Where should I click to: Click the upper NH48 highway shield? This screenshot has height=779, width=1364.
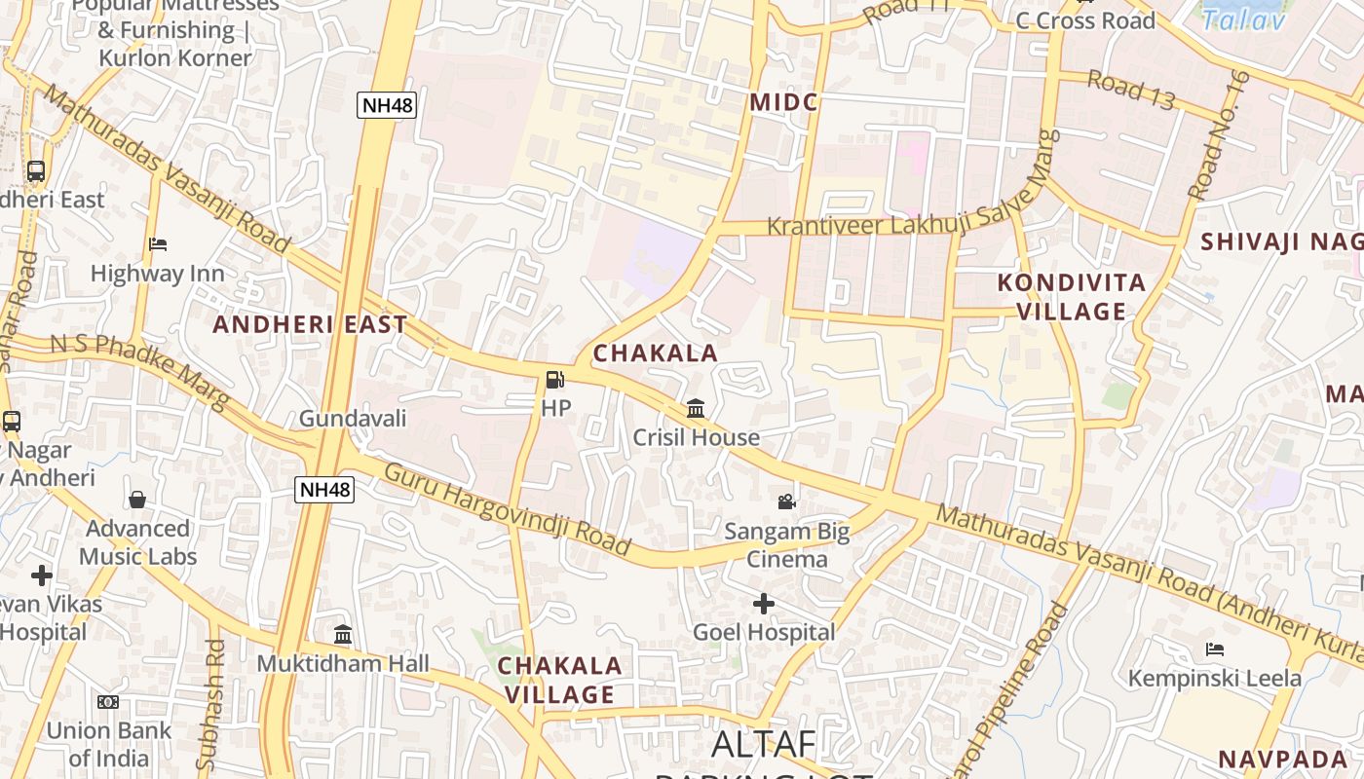[x=387, y=105]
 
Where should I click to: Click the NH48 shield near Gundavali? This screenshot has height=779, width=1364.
[x=324, y=490]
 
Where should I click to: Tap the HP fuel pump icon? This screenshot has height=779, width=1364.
[x=554, y=380]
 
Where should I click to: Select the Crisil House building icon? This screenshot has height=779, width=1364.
[x=696, y=408]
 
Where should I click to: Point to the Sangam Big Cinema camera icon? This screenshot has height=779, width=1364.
[x=786, y=501]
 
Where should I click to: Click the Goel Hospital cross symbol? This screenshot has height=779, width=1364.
[x=764, y=604]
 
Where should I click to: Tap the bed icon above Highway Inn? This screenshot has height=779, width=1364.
[x=158, y=244]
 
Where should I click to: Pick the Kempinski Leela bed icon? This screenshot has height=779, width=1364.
[x=1215, y=649]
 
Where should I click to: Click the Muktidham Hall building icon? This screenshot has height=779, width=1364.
[x=343, y=635]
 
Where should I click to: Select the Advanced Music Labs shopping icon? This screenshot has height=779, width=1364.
[x=137, y=500]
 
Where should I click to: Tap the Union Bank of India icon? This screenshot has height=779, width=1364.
[x=108, y=701]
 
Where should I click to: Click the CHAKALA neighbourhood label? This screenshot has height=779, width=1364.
[x=655, y=353]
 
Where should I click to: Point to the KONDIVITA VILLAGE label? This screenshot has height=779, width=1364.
[x=1072, y=297]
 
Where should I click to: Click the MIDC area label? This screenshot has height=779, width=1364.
[x=783, y=102]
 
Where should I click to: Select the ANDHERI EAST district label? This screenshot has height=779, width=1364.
[x=310, y=324]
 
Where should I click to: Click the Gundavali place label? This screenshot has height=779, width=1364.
[x=352, y=419]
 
